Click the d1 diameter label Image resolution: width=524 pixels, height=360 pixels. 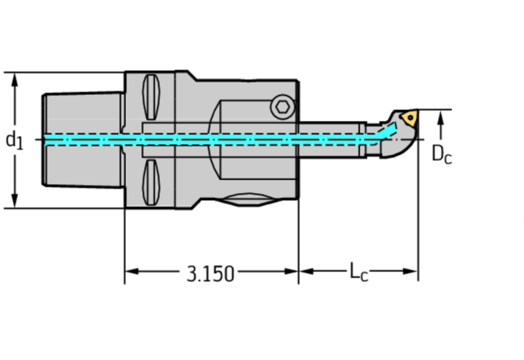pyautogui.click(x=15, y=140)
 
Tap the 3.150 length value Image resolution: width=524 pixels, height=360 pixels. pyautogui.click(x=210, y=273)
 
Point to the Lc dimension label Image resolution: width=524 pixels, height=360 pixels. pyautogui.click(x=359, y=272)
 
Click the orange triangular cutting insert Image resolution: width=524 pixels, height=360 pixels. pyautogui.click(x=408, y=118)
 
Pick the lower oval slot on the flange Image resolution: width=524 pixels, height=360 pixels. pyautogui.click(x=152, y=181)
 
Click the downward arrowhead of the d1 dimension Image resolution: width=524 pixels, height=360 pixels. pyautogui.click(x=15, y=201)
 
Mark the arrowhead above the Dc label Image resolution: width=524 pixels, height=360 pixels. pyautogui.click(x=442, y=119)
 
